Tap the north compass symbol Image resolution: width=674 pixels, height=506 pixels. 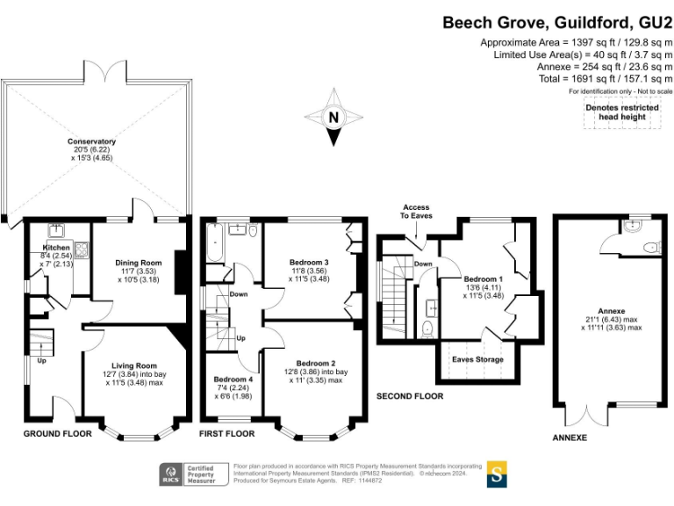pyautogui.click(x=333, y=118)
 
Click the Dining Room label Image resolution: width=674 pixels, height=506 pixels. pyautogui.click(x=139, y=262)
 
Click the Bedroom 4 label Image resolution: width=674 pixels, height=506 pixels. pyautogui.click(x=233, y=380)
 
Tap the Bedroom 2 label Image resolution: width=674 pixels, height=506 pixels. pyautogui.click(x=316, y=363)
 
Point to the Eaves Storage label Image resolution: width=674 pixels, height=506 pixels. pyautogui.click(x=477, y=358)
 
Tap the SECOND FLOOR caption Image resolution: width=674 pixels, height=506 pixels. pyautogui.click(x=410, y=396)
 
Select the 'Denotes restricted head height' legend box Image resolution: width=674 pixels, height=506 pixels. pyautogui.click(x=621, y=112)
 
